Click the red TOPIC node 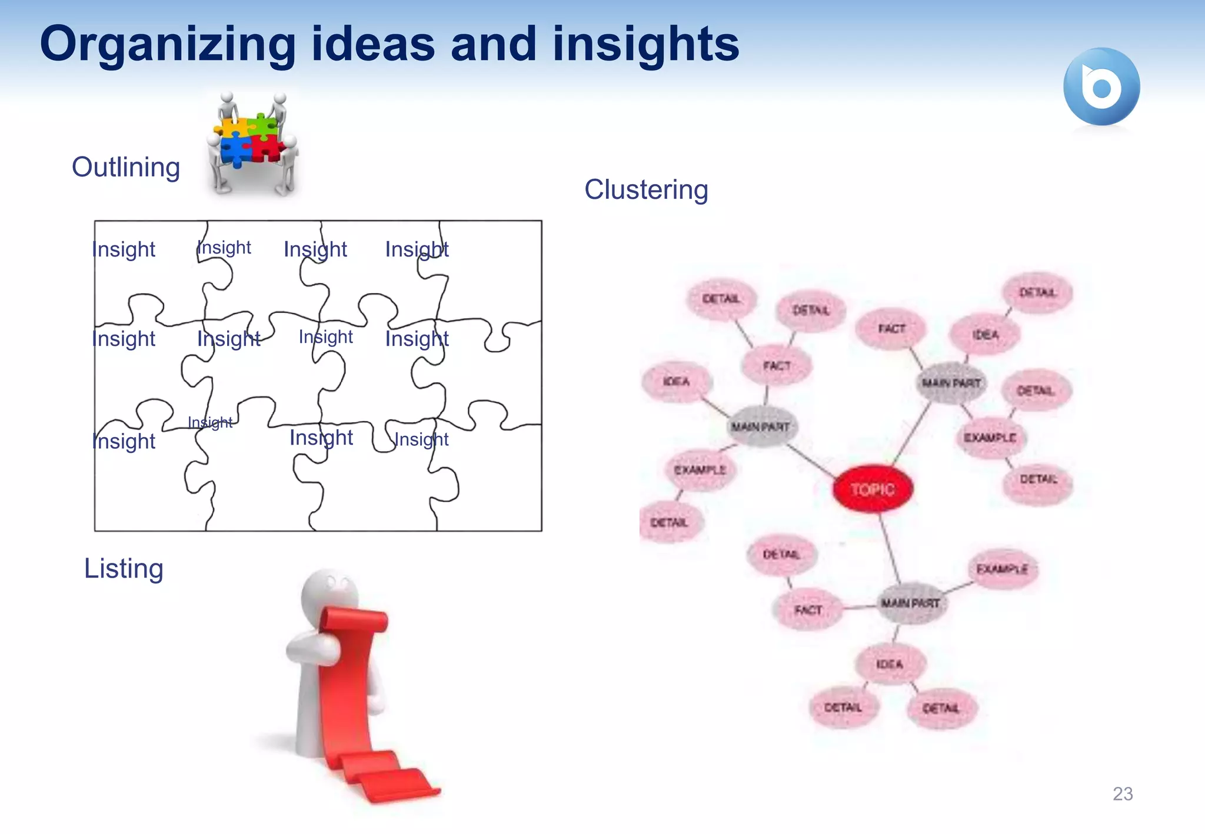pyautogui.click(x=873, y=489)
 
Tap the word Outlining pyautogui.click(x=126, y=167)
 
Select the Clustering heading pyautogui.click(x=646, y=189)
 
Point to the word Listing pyautogui.click(x=124, y=568)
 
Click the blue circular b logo pyautogui.click(x=1101, y=87)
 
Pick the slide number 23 pyautogui.click(x=1123, y=793)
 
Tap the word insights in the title pyautogui.click(x=645, y=45)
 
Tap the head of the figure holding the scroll pyautogui.click(x=329, y=594)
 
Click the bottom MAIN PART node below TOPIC pyautogui.click(x=910, y=603)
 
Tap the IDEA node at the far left pyautogui.click(x=676, y=382)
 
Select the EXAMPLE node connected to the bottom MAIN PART pyautogui.click(x=1002, y=569)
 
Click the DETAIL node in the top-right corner pyautogui.click(x=1037, y=292)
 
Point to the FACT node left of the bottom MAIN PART pyautogui.click(x=808, y=610)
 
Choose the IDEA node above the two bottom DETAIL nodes pyautogui.click(x=889, y=664)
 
